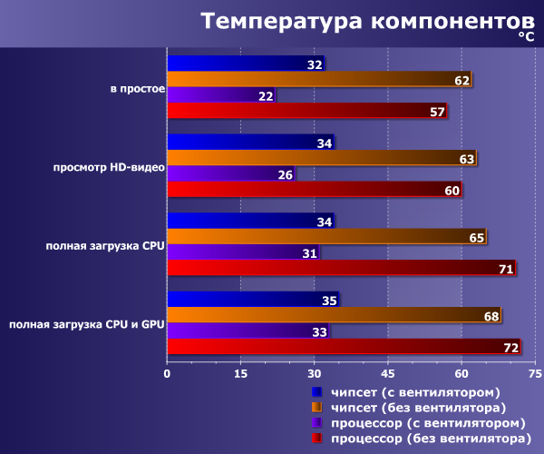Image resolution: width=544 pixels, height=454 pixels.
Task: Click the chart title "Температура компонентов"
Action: point(367,22)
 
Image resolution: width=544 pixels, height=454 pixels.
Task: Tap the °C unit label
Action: point(526,36)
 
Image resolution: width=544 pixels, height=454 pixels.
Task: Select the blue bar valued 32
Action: point(246,64)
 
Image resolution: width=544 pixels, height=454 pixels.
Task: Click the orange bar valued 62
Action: point(319,79)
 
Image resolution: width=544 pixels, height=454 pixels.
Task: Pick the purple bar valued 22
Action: point(221,94)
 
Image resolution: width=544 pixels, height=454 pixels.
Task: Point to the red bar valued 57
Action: point(307,111)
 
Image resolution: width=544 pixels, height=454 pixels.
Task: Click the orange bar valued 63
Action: point(322,158)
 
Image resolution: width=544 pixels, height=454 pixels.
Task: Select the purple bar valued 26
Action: point(231,173)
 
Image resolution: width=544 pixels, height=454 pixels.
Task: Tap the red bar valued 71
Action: point(342,268)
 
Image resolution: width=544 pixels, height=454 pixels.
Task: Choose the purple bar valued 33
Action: point(248,331)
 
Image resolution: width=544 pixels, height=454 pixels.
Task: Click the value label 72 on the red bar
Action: point(510,348)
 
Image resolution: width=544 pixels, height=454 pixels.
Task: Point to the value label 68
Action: point(491,316)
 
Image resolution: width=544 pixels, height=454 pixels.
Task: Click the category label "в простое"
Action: point(138,89)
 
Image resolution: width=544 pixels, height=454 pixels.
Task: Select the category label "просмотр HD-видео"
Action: point(109,167)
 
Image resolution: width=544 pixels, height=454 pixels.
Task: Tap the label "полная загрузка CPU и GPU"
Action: point(87,324)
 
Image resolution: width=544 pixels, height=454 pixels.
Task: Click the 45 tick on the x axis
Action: point(387,374)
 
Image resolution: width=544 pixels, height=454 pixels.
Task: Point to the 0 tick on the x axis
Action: point(167,374)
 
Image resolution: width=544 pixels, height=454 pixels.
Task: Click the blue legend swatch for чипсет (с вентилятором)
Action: point(316,392)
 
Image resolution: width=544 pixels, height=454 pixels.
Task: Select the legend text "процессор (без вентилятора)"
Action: point(432,439)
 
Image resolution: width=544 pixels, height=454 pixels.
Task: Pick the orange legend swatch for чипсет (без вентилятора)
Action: point(316,407)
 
